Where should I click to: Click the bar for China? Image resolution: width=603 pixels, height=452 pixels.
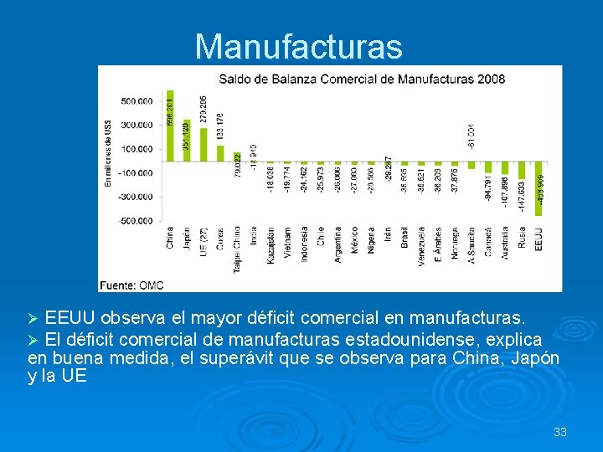(x=170, y=126)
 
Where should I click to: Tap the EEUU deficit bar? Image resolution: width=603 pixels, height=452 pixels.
(x=539, y=189)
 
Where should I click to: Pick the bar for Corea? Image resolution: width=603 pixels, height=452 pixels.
(x=220, y=153)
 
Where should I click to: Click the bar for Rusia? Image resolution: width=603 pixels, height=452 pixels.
(x=522, y=171)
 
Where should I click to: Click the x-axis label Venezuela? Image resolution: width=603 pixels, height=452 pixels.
(x=421, y=244)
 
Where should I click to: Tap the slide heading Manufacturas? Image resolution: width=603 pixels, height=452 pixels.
(x=298, y=47)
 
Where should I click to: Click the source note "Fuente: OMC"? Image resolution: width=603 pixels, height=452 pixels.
(x=131, y=285)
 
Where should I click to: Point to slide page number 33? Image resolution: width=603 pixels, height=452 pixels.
(x=560, y=432)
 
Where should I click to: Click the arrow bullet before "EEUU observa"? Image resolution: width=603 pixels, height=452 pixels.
(x=33, y=319)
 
